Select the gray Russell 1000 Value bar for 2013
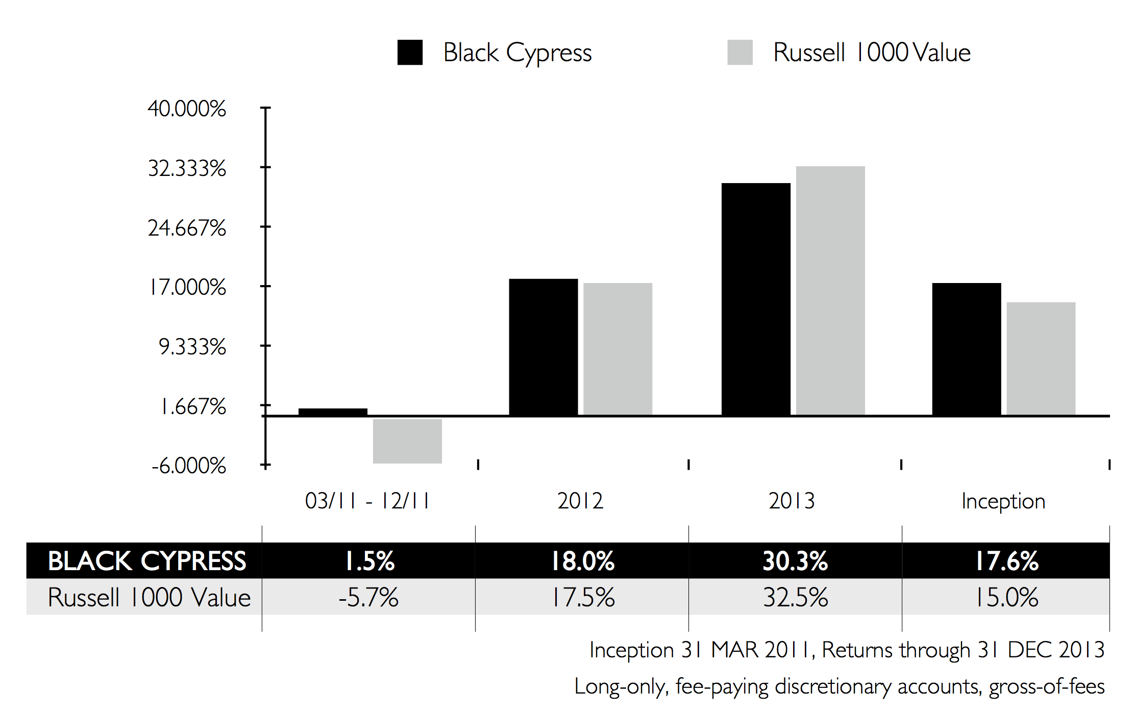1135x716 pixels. pyautogui.click(x=830, y=291)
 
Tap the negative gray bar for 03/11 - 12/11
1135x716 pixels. pyautogui.click(x=407, y=441)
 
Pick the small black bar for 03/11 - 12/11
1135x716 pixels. pyautogui.click(x=333, y=412)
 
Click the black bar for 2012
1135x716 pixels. pyautogui.click(x=543, y=347)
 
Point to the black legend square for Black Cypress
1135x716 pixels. pyautogui.click(x=410, y=53)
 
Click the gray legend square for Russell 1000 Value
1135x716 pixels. pyautogui.click(x=739, y=53)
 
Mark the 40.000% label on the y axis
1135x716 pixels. pyautogui.click(x=187, y=109)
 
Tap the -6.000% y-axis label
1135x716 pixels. pyautogui.click(x=188, y=466)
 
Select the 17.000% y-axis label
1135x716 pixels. pyautogui.click(x=187, y=287)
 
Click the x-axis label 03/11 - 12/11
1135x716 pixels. pyautogui.click(x=367, y=501)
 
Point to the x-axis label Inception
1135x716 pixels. pyautogui.click(x=1003, y=501)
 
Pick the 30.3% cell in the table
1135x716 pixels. pyautogui.click(x=795, y=560)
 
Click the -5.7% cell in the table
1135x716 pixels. pyautogui.click(x=368, y=597)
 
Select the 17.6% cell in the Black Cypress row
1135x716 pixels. pyautogui.click(x=1006, y=560)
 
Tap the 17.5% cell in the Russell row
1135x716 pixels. pyautogui.click(x=583, y=597)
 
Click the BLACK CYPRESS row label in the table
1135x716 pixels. pyautogui.click(x=147, y=560)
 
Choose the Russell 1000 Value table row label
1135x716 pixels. pyautogui.click(x=149, y=597)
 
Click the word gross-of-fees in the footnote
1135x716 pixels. pyautogui.click(x=1046, y=686)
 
